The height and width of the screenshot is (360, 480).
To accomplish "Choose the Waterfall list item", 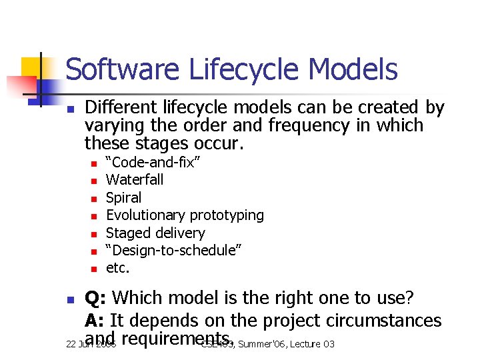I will tap(135, 180).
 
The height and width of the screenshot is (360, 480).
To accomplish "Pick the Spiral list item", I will tap(124, 198).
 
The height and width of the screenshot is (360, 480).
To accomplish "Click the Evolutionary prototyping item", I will tap(185, 215).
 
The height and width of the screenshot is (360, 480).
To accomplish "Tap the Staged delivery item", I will tap(155, 233).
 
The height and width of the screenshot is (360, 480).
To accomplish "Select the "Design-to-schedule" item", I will tap(173, 251).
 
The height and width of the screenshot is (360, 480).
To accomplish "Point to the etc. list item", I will tap(118, 269).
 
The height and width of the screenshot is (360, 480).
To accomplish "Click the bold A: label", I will tap(95, 321).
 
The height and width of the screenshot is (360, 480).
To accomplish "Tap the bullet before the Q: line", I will tap(71, 302).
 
